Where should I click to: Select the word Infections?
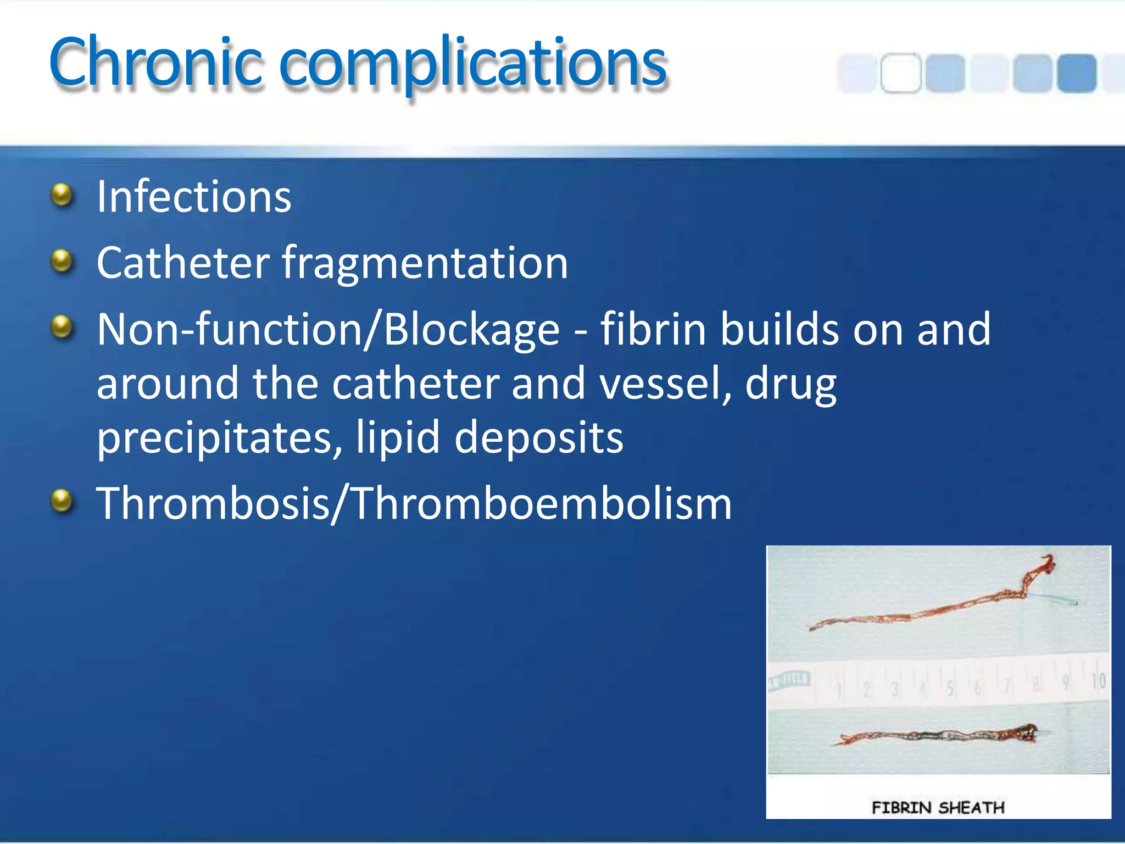pos(193,197)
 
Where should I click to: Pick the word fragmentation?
pos(425,264)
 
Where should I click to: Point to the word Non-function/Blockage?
pos(328,330)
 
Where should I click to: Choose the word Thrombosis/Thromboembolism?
pos(413,503)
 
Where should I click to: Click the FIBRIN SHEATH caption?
pos(938,807)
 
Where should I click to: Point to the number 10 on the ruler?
pos(1098,681)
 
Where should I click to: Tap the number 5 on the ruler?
pos(950,689)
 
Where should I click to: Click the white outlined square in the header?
pos(901,73)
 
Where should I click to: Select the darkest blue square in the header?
pos(1077,73)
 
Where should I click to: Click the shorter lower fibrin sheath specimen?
pos(934,735)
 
